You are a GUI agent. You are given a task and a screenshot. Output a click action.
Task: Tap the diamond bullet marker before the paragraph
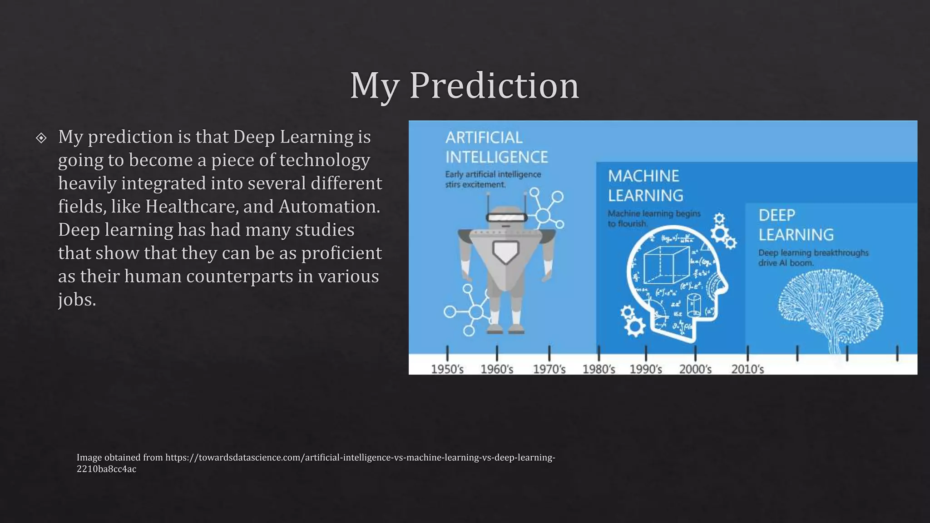(41, 138)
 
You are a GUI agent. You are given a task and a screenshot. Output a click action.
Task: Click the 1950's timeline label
(447, 369)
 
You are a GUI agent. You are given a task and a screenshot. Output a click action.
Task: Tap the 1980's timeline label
(599, 369)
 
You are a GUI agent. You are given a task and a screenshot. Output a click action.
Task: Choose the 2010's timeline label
(747, 369)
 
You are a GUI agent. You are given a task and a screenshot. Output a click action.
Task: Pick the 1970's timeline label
(549, 369)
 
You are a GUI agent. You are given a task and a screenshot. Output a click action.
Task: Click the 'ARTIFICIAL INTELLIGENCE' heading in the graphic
(496, 147)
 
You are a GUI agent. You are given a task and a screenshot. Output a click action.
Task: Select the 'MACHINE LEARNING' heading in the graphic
(645, 186)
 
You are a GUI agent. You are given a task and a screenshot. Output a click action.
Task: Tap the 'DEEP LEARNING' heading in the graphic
(796, 225)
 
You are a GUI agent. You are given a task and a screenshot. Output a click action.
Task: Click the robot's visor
(506, 217)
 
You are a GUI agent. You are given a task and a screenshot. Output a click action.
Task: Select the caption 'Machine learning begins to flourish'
(654, 218)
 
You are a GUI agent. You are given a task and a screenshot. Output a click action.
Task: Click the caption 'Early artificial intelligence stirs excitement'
(493, 179)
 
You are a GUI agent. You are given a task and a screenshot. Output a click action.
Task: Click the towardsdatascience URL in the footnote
(360, 458)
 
